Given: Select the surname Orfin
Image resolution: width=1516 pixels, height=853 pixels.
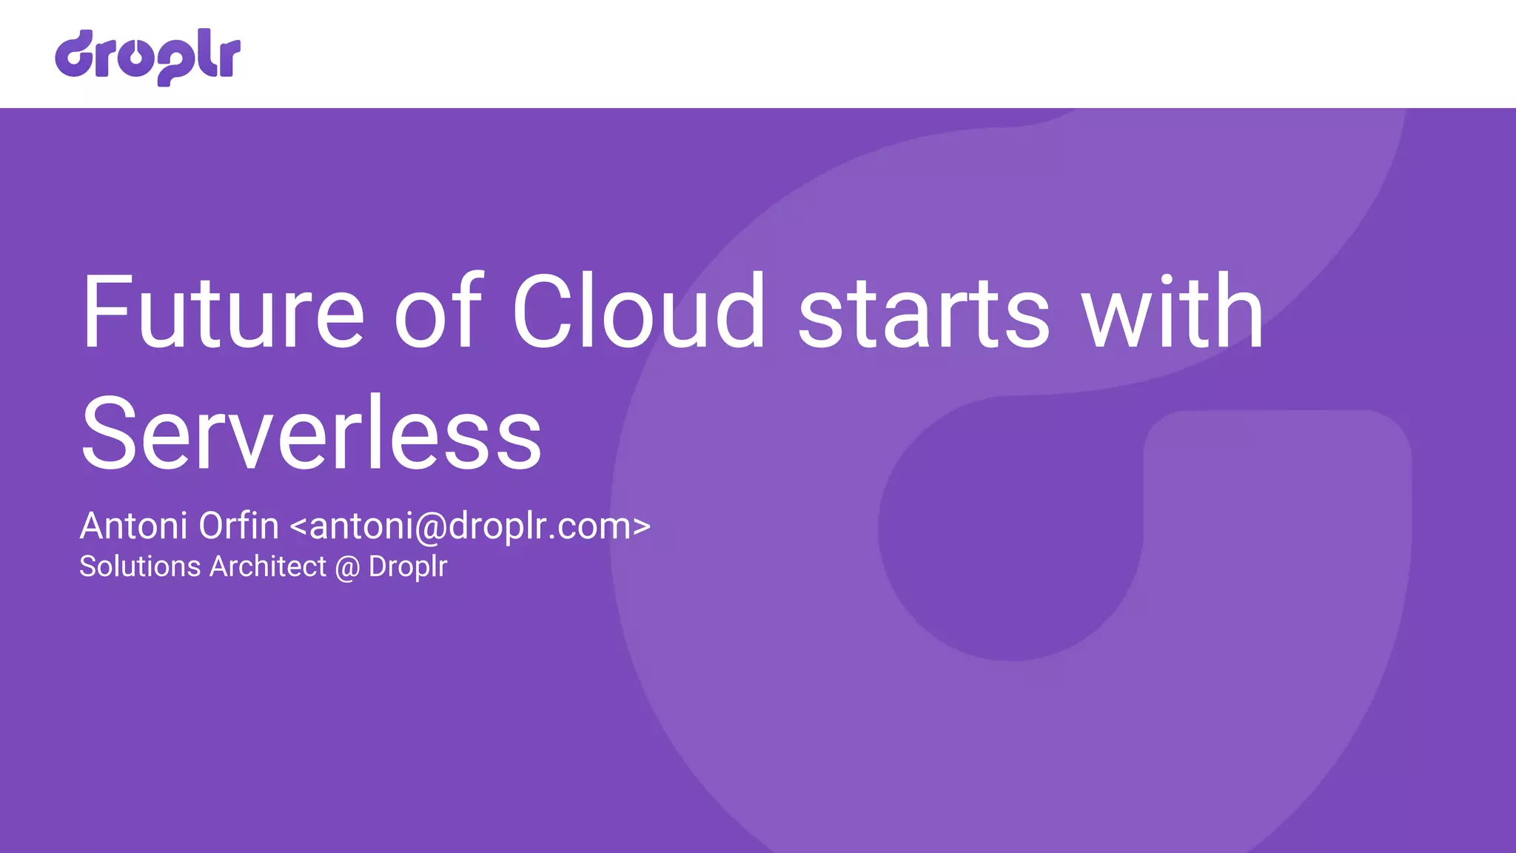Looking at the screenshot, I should (x=238, y=526).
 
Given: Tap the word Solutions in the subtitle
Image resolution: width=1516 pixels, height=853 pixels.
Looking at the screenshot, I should (x=140, y=566).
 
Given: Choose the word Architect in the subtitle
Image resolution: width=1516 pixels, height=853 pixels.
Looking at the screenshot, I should (x=268, y=566).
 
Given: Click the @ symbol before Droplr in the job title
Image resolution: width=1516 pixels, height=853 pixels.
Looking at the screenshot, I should (x=347, y=568).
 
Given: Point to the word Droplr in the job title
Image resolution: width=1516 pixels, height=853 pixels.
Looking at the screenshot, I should (x=408, y=567).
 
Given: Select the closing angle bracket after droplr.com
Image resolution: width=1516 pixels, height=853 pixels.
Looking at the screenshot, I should (x=642, y=527).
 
